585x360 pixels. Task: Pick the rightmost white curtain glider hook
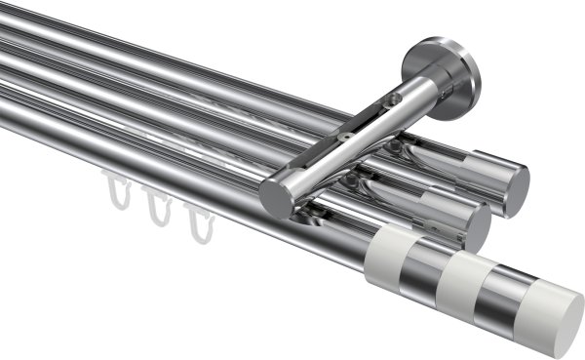pyautogui.click(x=199, y=226)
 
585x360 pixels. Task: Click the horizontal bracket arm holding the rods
pyautogui.click(x=341, y=146)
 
